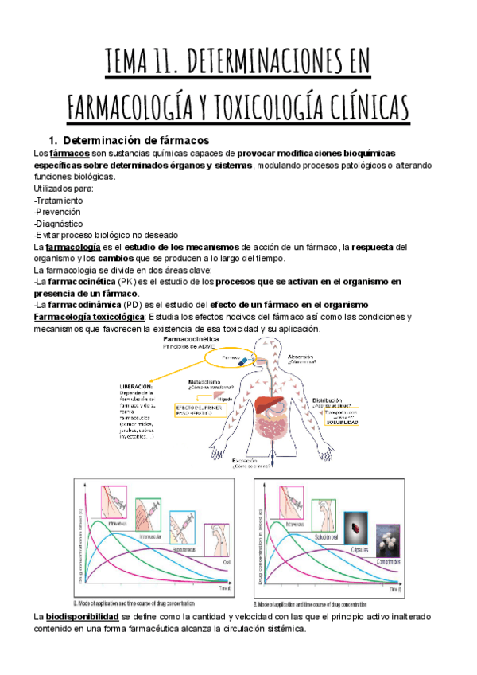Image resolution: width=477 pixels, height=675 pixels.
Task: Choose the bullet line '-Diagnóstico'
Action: click(58, 223)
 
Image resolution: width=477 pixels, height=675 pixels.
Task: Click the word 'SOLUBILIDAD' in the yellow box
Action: click(341, 422)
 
